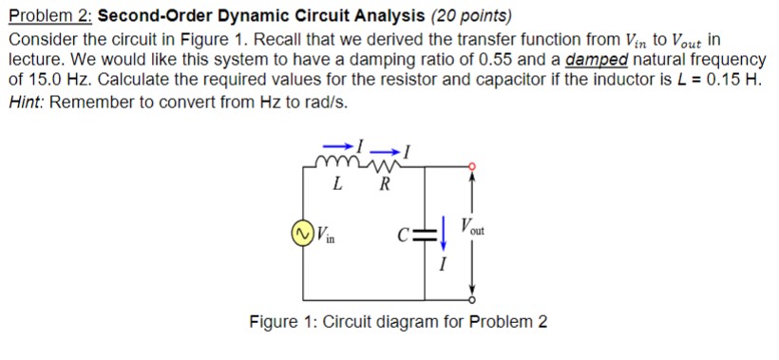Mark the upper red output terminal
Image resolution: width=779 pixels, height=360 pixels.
coord(473,166)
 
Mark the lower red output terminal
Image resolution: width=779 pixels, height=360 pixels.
coord(473,295)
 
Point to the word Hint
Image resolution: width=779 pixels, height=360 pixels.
coord(25,102)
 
